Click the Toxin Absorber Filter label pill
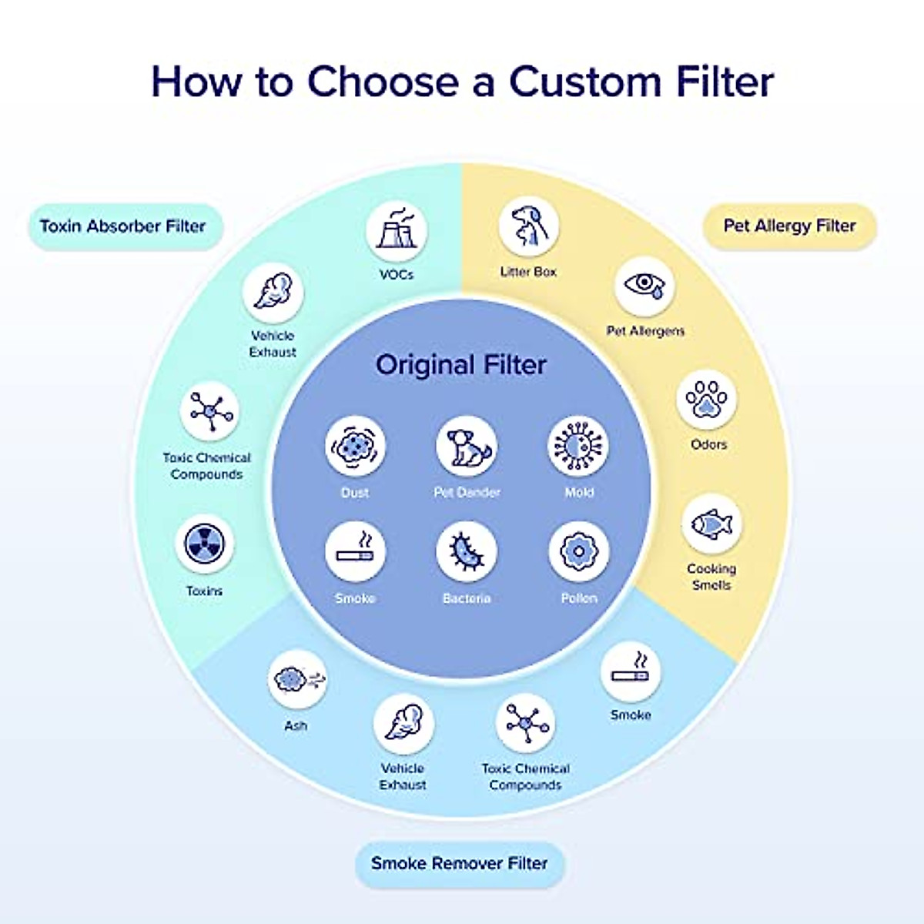click(x=123, y=226)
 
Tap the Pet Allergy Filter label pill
click(x=789, y=226)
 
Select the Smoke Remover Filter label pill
click(x=460, y=863)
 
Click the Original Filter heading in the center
click(x=461, y=364)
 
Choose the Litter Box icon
click(x=528, y=226)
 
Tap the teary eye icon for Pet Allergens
click(x=645, y=286)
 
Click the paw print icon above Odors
click(x=707, y=400)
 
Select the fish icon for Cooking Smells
click(x=711, y=524)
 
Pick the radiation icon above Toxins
click(x=204, y=544)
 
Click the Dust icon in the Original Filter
click(x=355, y=446)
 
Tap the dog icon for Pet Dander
click(x=467, y=446)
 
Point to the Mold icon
click(x=578, y=446)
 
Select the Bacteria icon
click(x=467, y=551)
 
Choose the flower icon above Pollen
click(x=578, y=551)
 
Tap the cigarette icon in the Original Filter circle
click(x=355, y=551)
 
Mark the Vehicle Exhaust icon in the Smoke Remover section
click(x=403, y=724)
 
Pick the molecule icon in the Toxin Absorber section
click(x=209, y=411)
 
